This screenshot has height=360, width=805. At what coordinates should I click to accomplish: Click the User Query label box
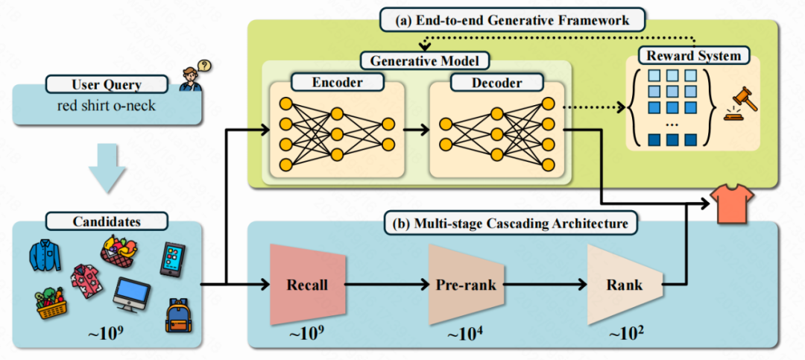pos(107,85)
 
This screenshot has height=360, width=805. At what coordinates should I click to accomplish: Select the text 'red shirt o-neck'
pos(107,106)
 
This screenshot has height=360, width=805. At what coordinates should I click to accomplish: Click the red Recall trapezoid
pos(308,284)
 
